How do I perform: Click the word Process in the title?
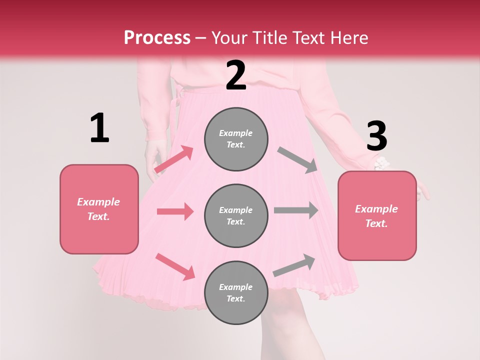157,37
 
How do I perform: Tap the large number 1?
99,128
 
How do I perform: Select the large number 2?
236,75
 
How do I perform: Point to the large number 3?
376,136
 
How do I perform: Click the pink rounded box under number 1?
99,209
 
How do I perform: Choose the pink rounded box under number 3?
377,216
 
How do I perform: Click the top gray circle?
236,139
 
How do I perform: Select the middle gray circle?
236,215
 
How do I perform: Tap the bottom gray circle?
236,292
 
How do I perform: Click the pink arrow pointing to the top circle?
174,159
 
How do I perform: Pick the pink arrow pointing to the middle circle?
175,211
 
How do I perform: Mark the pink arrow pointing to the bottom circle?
175,266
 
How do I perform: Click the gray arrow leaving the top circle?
297,160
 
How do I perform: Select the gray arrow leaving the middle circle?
296,210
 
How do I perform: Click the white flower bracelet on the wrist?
381,163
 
